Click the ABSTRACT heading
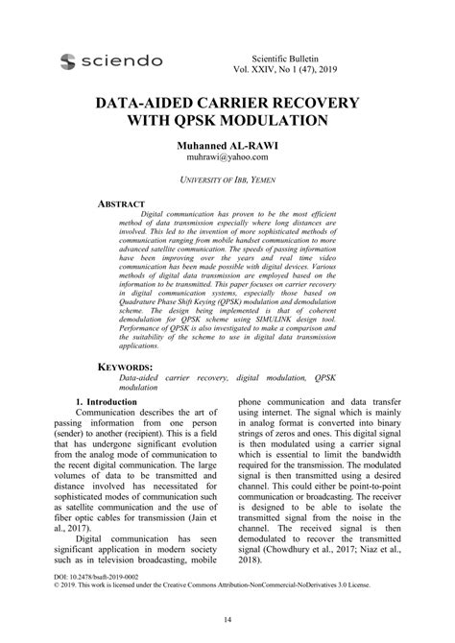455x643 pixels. (122, 204)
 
